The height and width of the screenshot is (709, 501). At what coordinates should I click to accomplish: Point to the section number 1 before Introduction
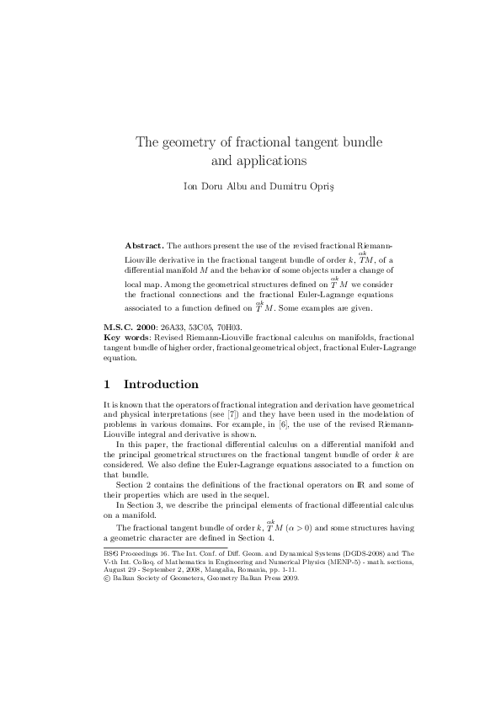coord(107,385)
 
